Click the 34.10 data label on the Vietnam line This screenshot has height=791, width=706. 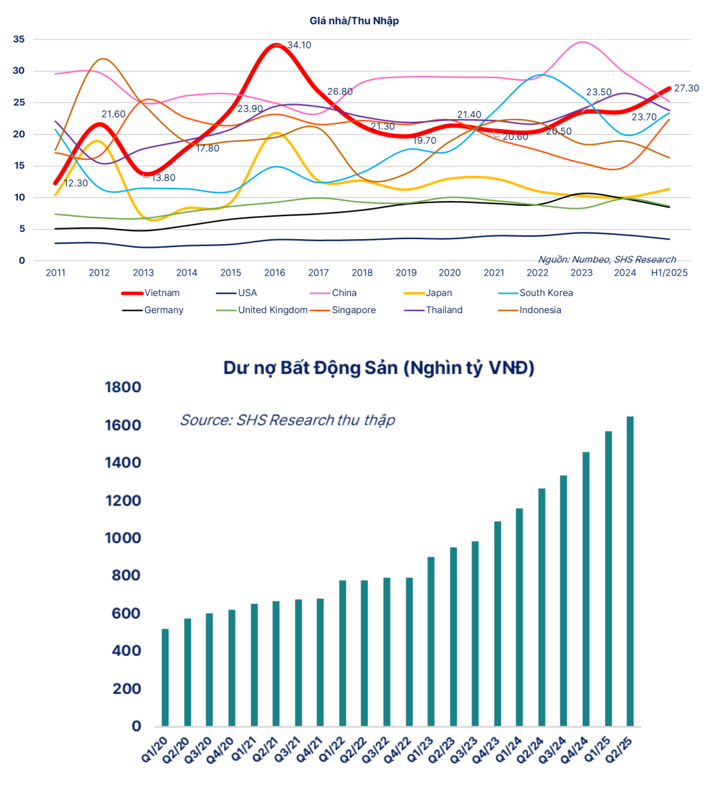(299, 45)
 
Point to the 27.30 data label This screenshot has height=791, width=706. (686, 88)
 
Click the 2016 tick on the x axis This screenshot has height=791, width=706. (275, 273)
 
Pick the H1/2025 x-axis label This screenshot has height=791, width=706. (669, 273)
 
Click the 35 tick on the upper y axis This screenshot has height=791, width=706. (19, 39)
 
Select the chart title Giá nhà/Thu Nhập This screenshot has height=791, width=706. (354, 21)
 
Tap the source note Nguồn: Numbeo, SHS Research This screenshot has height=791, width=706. (607, 259)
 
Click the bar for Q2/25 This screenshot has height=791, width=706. (630, 571)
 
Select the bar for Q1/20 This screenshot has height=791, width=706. (165, 677)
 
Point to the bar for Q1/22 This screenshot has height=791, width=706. (343, 653)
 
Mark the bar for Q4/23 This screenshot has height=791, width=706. (498, 623)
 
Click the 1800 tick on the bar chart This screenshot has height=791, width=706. (123, 387)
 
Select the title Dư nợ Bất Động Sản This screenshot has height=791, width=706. (378, 368)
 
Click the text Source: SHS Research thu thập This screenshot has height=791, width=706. (288, 420)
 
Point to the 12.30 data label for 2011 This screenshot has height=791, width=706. (76, 183)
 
